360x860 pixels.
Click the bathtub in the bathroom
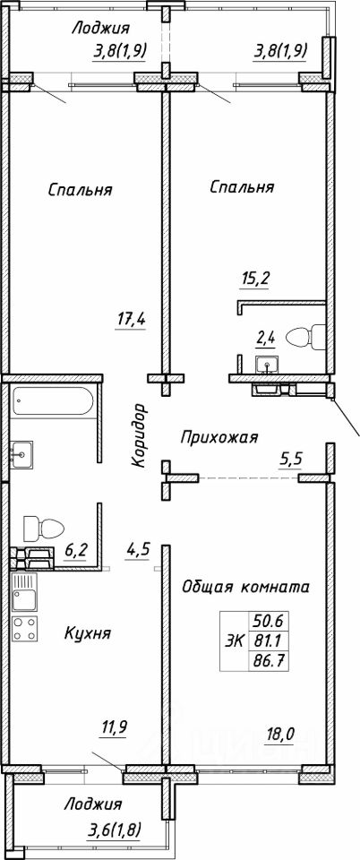[x=53, y=401]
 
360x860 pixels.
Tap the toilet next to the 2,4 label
[x=308, y=336]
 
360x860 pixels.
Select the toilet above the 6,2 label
[x=43, y=529]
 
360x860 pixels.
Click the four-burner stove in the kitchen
[x=25, y=629]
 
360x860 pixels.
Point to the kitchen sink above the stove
[x=25, y=592]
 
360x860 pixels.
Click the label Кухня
[x=88, y=634]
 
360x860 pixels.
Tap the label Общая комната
[x=245, y=587]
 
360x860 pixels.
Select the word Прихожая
[x=219, y=438]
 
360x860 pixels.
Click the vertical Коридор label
[x=139, y=435]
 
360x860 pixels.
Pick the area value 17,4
[x=130, y=317]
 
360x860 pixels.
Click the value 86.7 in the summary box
[x=269, y=660]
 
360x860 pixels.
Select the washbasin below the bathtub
[x=21, y=453]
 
